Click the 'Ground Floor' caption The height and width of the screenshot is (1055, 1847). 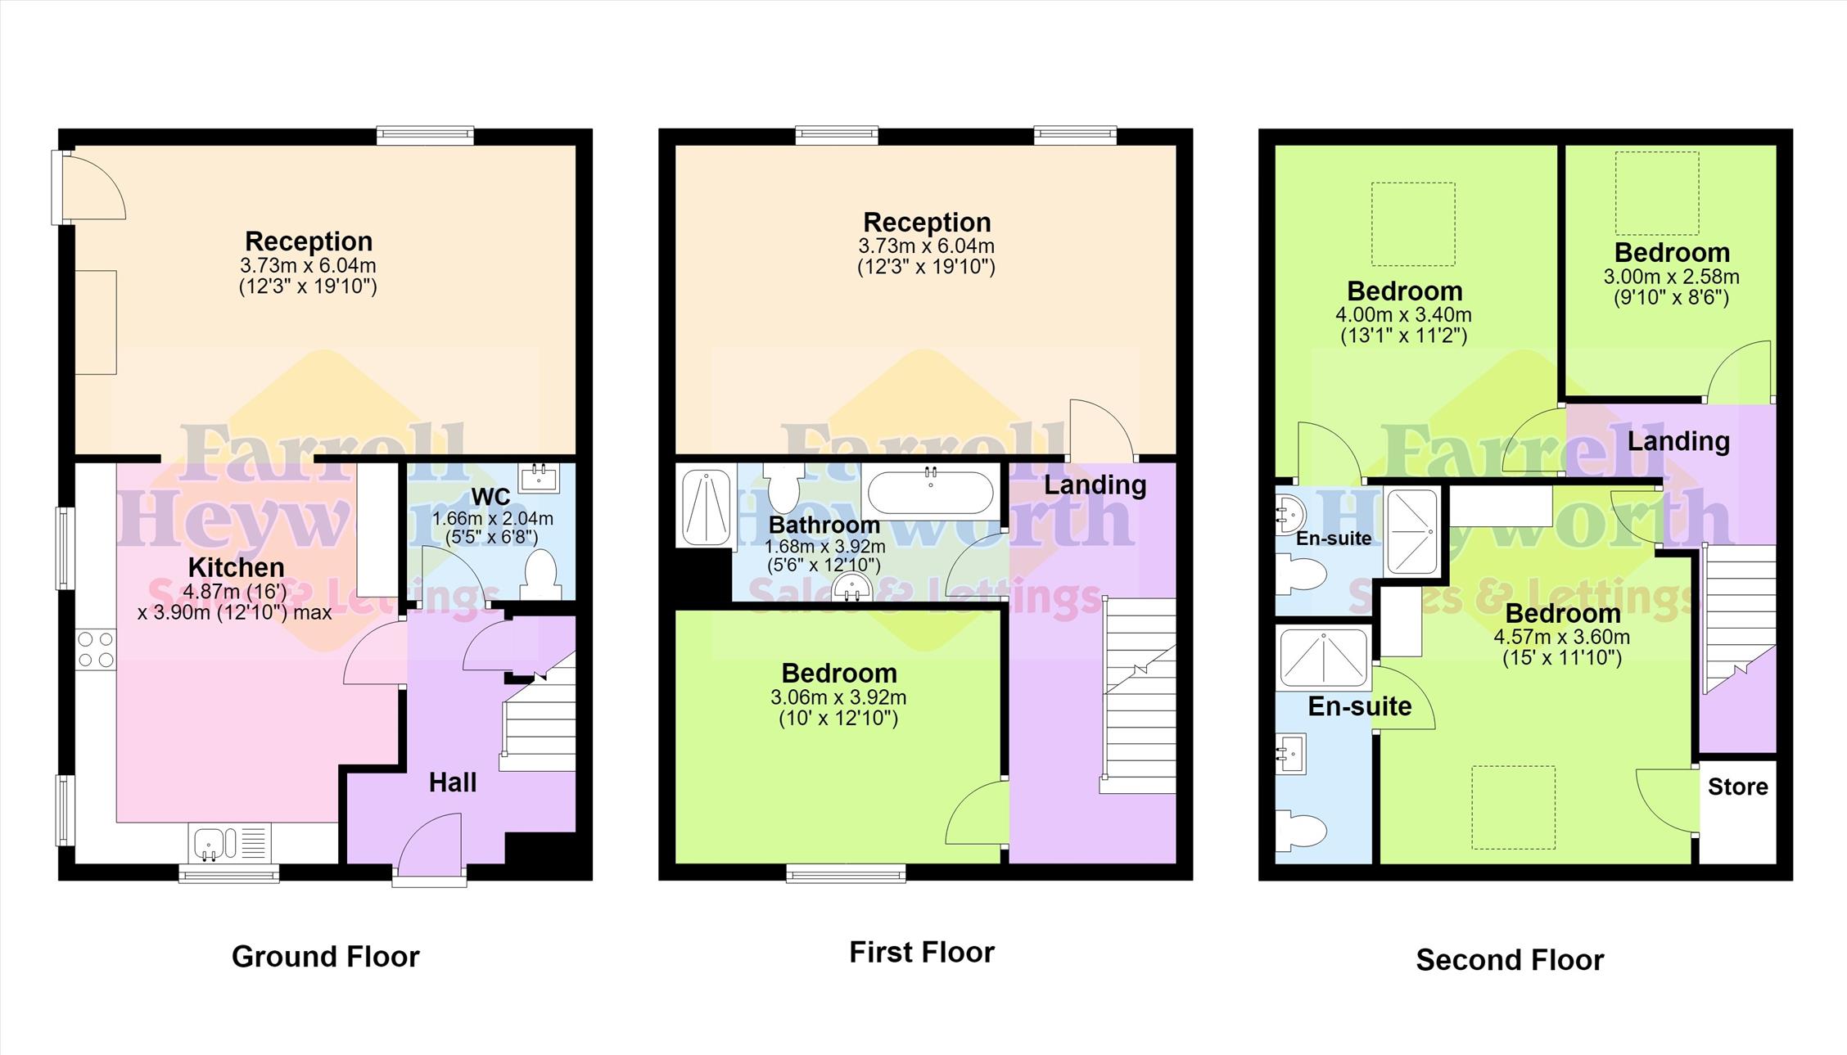pos(325,956)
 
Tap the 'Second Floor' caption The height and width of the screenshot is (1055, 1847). pos(1510,959)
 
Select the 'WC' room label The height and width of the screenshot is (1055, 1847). pos(491,497)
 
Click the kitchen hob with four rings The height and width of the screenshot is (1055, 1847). pos(96,649)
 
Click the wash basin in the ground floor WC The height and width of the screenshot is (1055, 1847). pos(540,477)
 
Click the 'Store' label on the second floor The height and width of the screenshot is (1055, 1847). pos(1737,787)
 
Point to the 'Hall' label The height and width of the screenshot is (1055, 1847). pos(453,782)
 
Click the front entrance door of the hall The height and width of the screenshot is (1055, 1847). pos(429,848)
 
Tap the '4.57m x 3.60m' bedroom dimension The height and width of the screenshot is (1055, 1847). pos(1561,637)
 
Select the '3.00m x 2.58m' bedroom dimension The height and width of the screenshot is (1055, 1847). pos(1671,277)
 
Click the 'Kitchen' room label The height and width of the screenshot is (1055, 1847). pos(237,567)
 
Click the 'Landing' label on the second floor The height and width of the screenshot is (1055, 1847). pos(1678,441)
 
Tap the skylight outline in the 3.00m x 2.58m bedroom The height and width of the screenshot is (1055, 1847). pos(1657,194)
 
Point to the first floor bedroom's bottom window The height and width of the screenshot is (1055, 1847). pos(847,874)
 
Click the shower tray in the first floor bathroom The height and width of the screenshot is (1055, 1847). pos(706,507)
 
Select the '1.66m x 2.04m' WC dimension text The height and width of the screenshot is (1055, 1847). pos(493,518)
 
